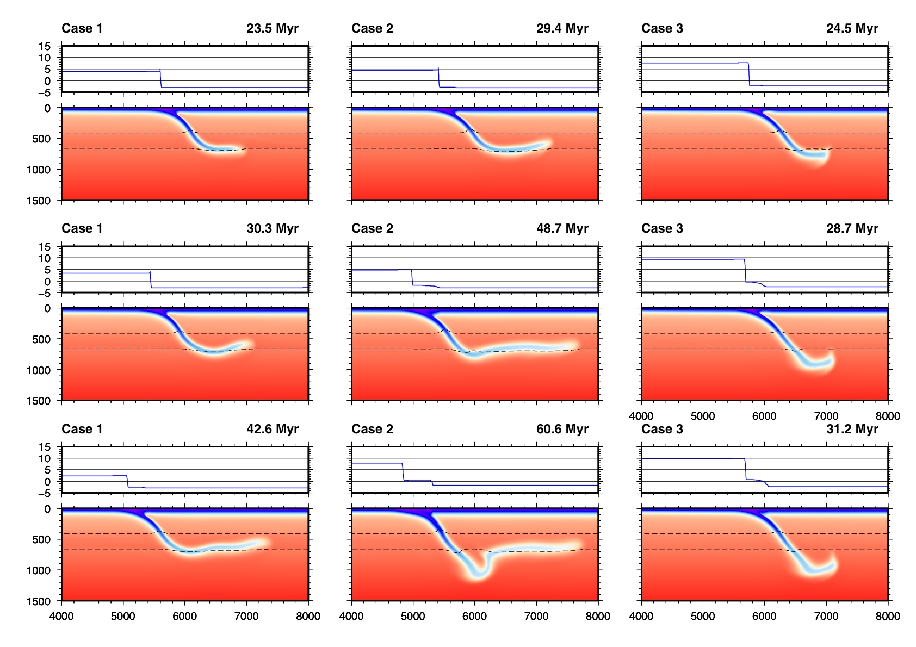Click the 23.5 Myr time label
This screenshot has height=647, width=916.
(x=272, y=28)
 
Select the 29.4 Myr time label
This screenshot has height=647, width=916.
(x=562, y=28)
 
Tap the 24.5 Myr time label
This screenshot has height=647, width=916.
(x=852, y=28)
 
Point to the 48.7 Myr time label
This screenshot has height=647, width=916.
(x=562, y=228)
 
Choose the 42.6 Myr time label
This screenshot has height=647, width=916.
(x=272, y=429)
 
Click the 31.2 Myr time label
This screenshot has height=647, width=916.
(x=852, y=429)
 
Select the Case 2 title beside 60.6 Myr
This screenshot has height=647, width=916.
(x=372, y=429)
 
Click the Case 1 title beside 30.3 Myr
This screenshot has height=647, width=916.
(x=82, y=228)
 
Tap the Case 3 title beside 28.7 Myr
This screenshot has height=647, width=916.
(x=662, y=228)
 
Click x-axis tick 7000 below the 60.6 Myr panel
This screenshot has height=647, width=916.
(x=536, y=616)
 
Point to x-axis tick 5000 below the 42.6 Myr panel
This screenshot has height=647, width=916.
(x=123, y=616)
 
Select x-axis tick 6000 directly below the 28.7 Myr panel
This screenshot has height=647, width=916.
(x=764, y=416)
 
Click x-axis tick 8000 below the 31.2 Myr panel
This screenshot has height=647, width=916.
(x=888, y=616)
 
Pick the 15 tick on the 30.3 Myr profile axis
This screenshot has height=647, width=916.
(x=44, y=247)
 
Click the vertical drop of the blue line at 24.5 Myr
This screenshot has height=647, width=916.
(x=749, y=74)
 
